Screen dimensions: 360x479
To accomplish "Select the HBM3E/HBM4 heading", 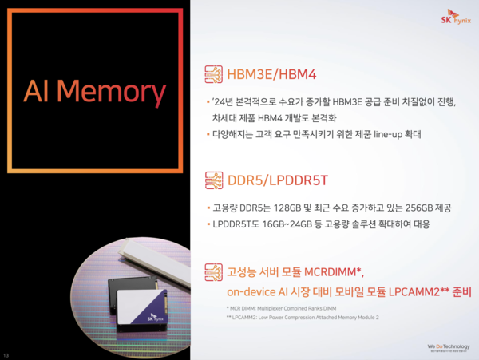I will coord(273,74).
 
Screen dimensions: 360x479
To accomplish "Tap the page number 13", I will coord(7,354).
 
